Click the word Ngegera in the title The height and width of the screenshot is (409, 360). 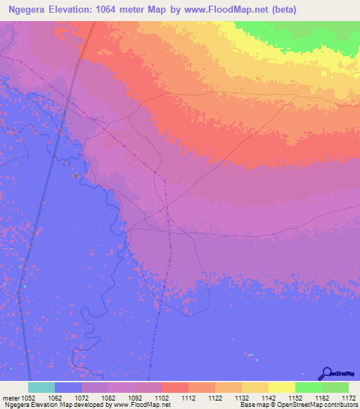point(27,10)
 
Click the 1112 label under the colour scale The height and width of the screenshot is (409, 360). point(188,397)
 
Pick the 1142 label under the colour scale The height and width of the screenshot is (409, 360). point(268,397)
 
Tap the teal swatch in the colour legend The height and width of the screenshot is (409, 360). point(41,387)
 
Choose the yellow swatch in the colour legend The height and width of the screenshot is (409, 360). point(281,387)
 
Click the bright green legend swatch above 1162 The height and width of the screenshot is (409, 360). point(308,387)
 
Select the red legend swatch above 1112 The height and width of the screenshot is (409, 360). point(174,387)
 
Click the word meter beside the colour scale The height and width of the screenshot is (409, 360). point(11,397)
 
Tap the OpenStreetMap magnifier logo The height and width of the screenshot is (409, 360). point(327,372)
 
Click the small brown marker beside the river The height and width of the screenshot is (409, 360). point(75,176)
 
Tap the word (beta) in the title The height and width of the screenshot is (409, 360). point(281,10)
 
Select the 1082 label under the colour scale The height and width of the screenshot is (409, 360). point(108,397)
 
